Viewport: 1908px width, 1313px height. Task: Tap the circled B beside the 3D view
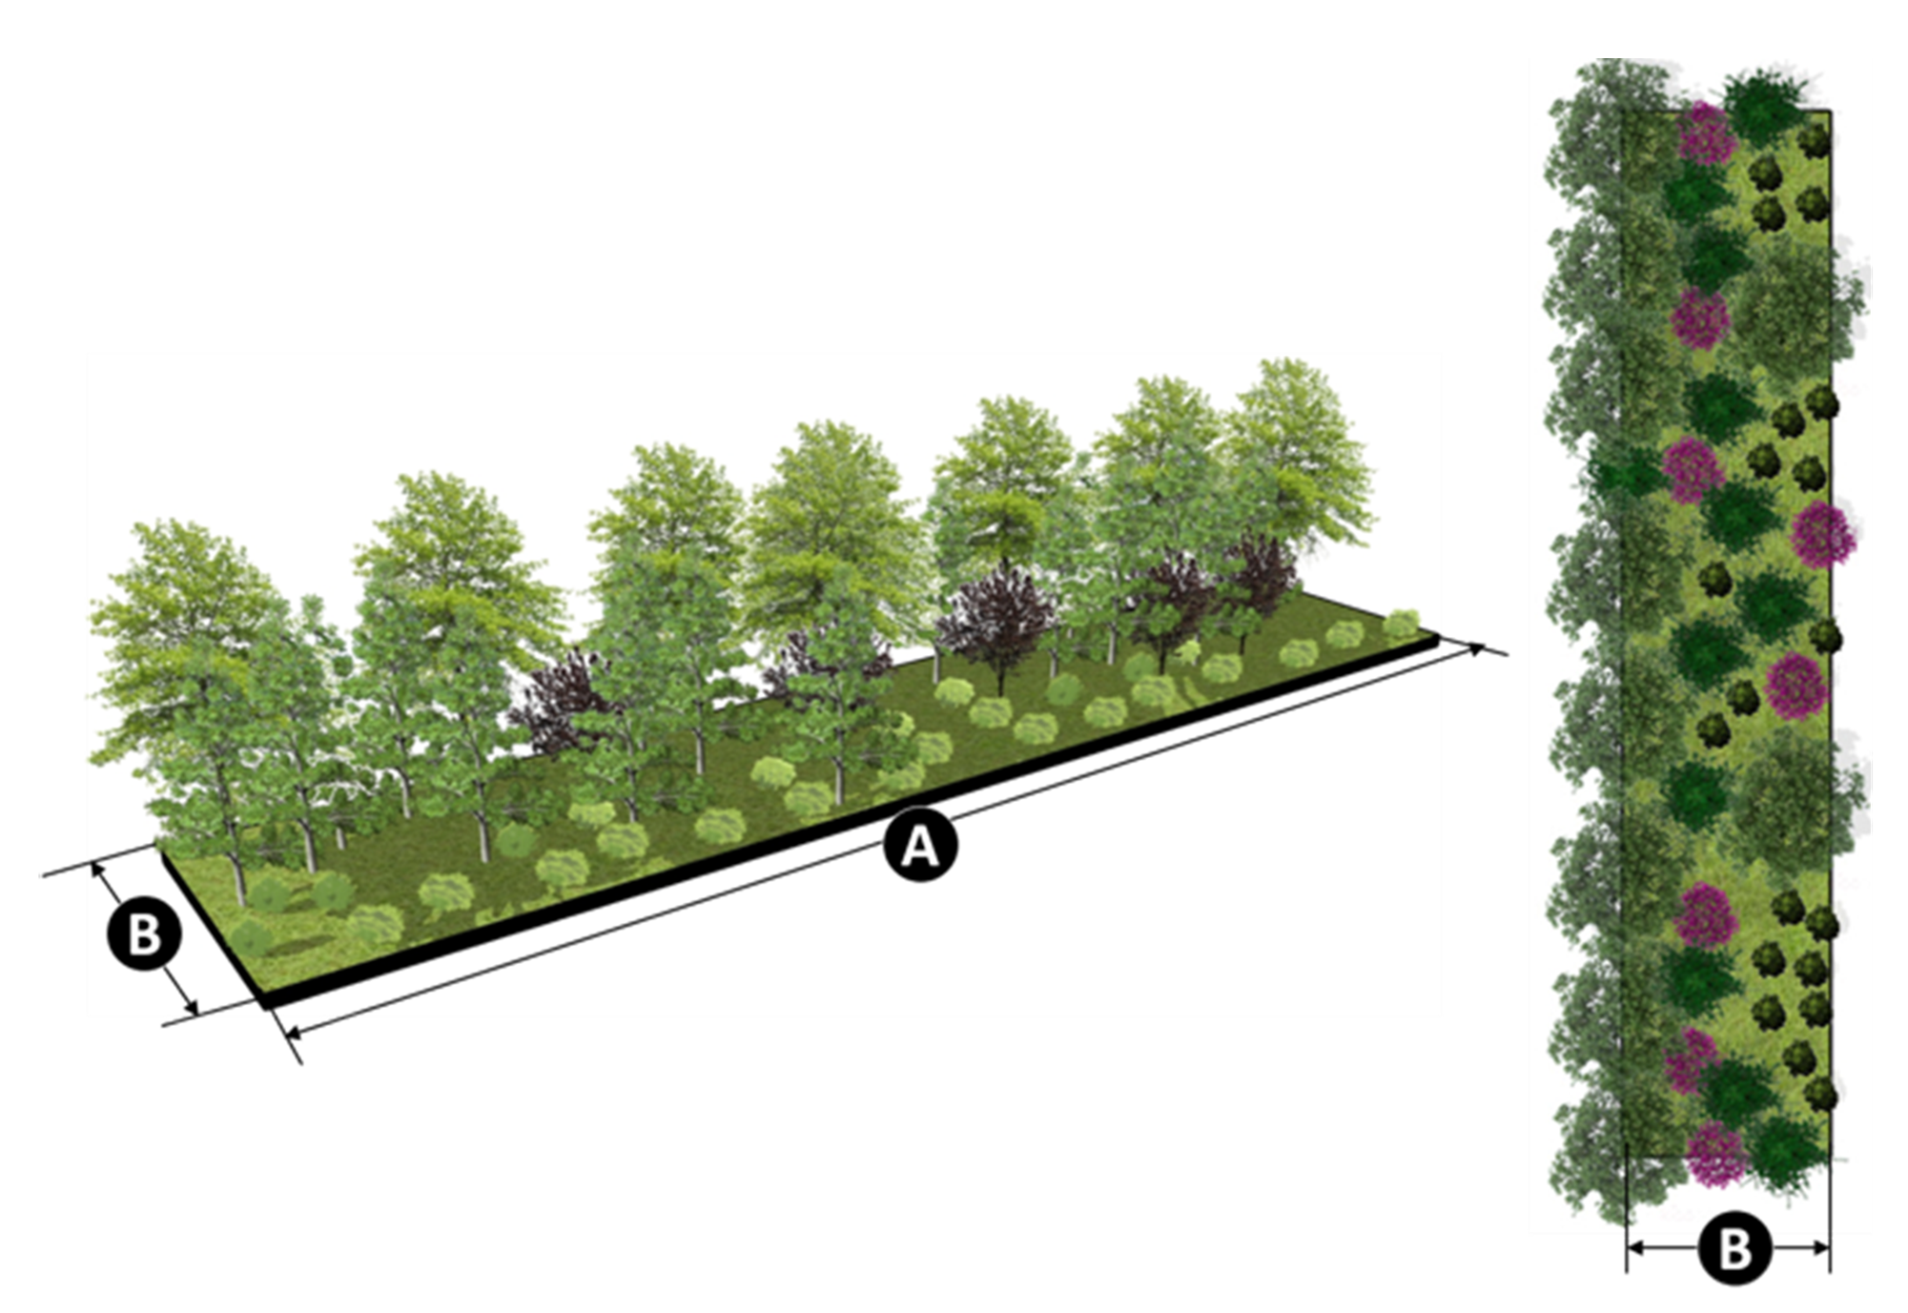pyautogui.click(x=143, y=933)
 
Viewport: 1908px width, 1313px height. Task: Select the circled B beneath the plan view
pyautogui.click(x=1734, y=1247)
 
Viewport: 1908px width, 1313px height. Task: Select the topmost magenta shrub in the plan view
pyautogui.click(x=1706, y=133)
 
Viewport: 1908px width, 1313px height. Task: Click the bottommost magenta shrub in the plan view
pyautogui.click(x=1716, y=1155)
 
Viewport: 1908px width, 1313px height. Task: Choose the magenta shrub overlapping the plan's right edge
pyautogui.click(x=1822, y=534)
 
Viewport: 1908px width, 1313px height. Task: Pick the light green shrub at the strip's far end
pyautogui.click(x=1402, y=625)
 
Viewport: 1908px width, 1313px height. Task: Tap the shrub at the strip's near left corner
pyautogui.click(x=250, y=939)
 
